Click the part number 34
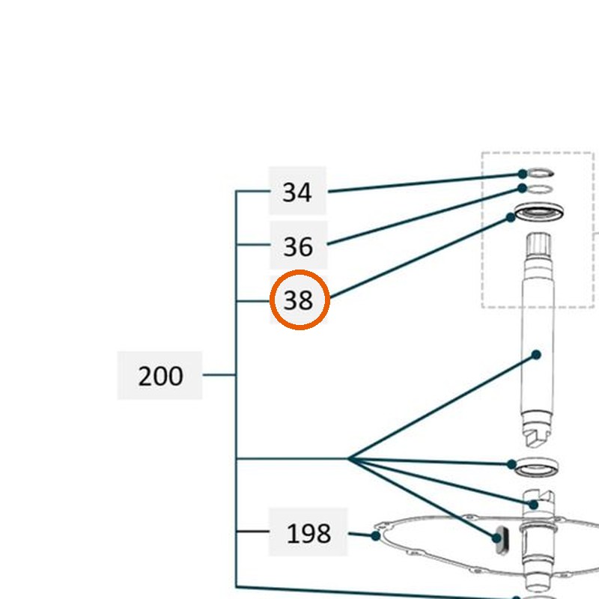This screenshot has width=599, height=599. (297, 192)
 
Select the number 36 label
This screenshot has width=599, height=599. (298, 246)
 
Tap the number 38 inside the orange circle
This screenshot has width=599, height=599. (298, 300)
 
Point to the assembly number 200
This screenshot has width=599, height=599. (160, 377)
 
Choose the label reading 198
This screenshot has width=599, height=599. (308, 533)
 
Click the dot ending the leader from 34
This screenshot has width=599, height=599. (522, 174)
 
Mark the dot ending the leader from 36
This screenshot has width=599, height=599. (522, 188)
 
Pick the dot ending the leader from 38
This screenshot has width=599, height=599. (511, 218)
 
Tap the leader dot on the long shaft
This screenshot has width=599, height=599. (536, 355)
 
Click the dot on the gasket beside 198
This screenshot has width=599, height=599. (376, 536)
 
